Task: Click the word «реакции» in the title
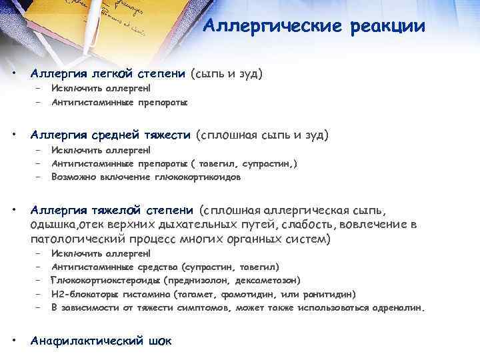(x=387, y=27)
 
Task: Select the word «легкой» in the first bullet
(x=115, y=73)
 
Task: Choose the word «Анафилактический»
(x=87, y=341)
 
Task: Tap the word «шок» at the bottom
(x=161, y=341)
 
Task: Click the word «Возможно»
(x=71, y=178)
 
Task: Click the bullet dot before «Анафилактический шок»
(x=15, y=341)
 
